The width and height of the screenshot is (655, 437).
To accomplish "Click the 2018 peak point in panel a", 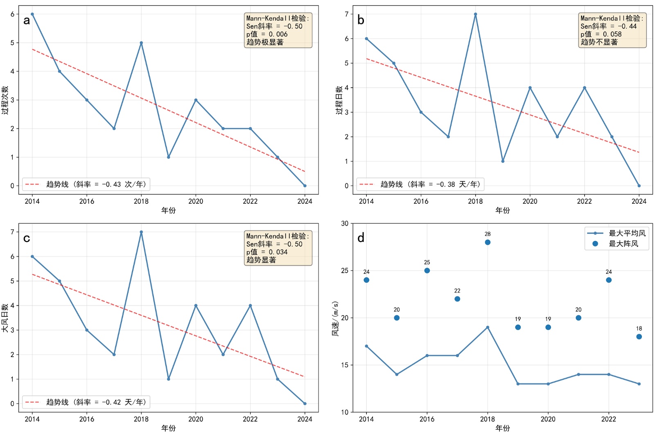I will pyautogui.click(x=141, y=43).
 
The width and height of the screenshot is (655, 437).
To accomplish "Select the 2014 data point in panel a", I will pyautogui.click(x=32, y=14).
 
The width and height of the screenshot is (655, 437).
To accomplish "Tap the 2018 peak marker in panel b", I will pyautogui.click(x=475, y=14).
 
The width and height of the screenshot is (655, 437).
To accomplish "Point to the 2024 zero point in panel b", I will pyautogui.click(x=639, y=186).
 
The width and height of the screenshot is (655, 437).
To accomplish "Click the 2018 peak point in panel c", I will pyautogui.click(x=141, y=232).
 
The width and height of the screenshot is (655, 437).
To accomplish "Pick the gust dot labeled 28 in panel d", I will pyautogui.click(x=488, y=242).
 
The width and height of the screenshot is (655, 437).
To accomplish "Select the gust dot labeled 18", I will pyautogui.click(x=639, y=337).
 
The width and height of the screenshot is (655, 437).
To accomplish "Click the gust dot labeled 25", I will pyautogui.click(x=427, y=271).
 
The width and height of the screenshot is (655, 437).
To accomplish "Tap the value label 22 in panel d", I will pyautogui.click(x=457, y=291).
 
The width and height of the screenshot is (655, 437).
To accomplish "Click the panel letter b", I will pyautogui.click(x=361, y=20).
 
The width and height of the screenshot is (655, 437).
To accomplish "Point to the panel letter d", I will pyautogui.click(x=361, y=238).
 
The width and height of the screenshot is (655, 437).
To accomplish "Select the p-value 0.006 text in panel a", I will pyautogui.click(x=267, y=34).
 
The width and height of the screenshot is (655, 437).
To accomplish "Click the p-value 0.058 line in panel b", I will pyautogui.click(x=601, y=34).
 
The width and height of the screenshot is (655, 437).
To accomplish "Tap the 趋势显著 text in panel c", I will pyautogui.click(x=261, y=260).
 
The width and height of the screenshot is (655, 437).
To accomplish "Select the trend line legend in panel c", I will pyautogui.click(x=86, y=402).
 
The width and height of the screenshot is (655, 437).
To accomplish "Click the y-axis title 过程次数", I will pyautogui.click(x=5, y=100).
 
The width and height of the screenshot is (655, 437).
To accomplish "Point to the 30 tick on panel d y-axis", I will pyautogui.click(x=345, y=223).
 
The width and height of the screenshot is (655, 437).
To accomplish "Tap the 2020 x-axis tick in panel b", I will pyautogui.click(x=530, y=201).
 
